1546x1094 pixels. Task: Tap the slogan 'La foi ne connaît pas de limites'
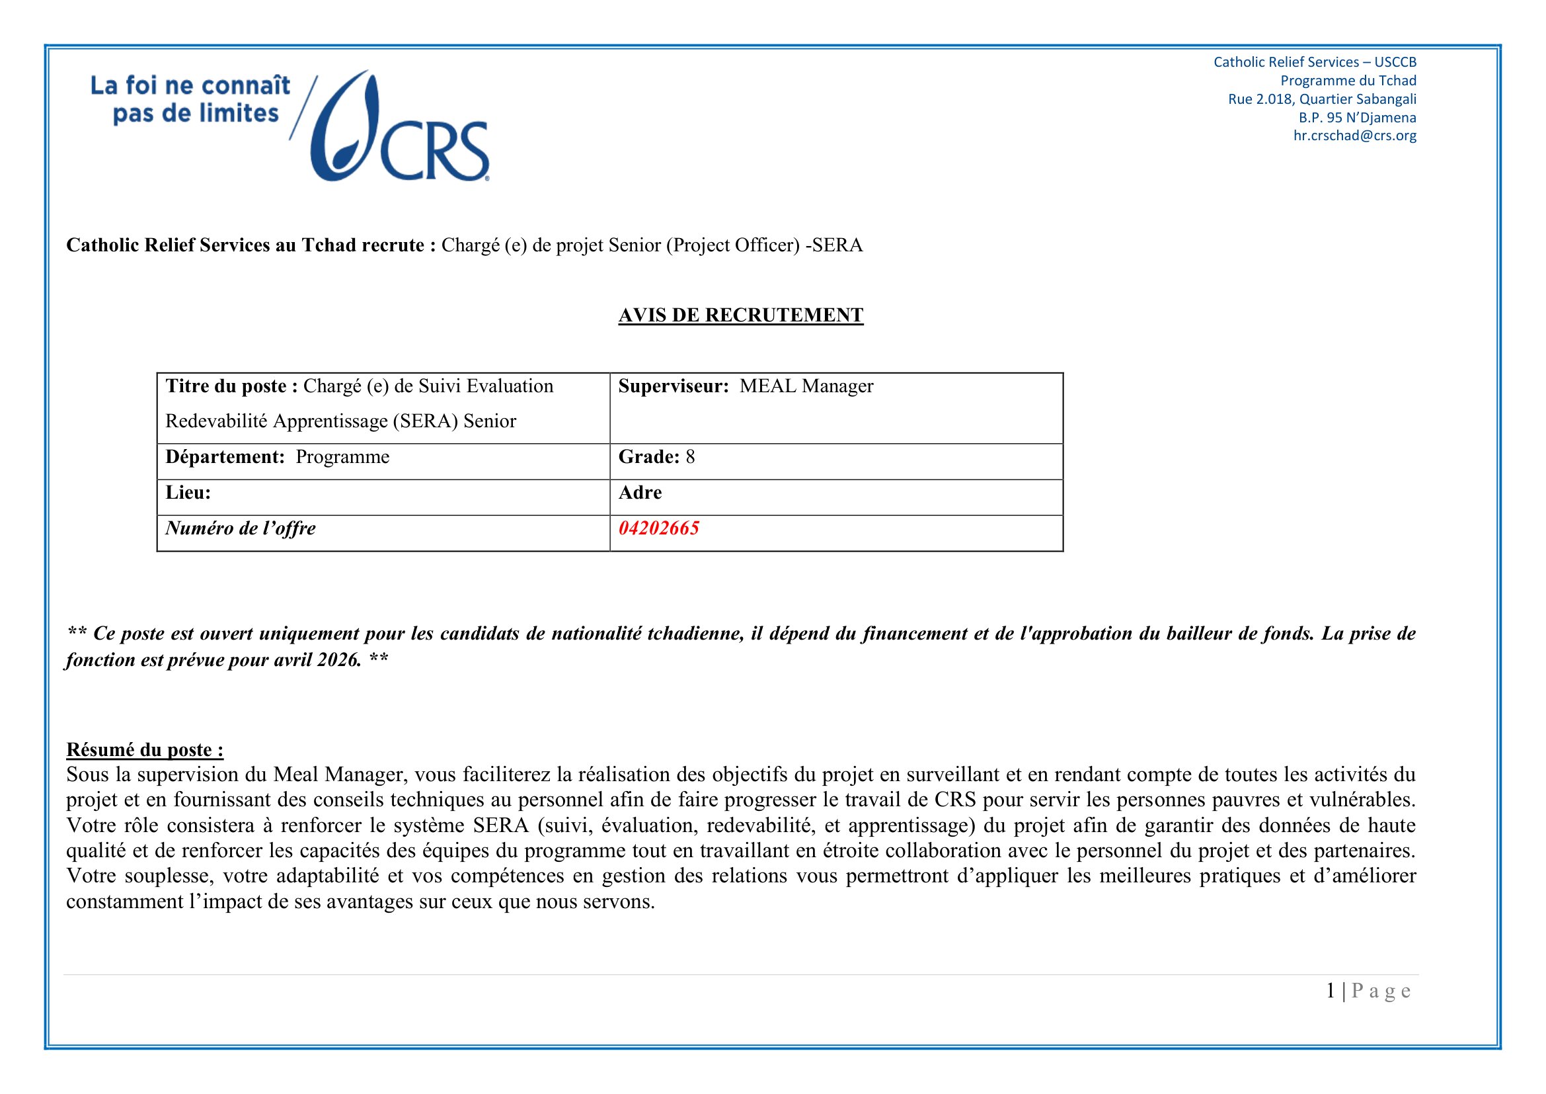[190, 99]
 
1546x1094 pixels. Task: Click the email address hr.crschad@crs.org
[1354, 136]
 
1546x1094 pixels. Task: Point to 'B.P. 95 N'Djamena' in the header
[1357, 117]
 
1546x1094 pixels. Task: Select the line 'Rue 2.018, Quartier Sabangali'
[1322, 99]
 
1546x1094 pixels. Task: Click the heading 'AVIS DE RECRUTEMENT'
[741, 316]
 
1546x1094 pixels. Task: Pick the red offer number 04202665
[658, 528]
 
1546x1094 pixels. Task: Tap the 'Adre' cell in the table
[640, 493]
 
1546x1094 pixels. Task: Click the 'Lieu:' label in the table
[188, 493]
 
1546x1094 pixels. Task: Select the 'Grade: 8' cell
[656, 457]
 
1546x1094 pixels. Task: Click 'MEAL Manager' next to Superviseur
[805, 386]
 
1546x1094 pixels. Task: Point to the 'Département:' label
[225, 457]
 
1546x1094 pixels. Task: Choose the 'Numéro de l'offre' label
[241, 528]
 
